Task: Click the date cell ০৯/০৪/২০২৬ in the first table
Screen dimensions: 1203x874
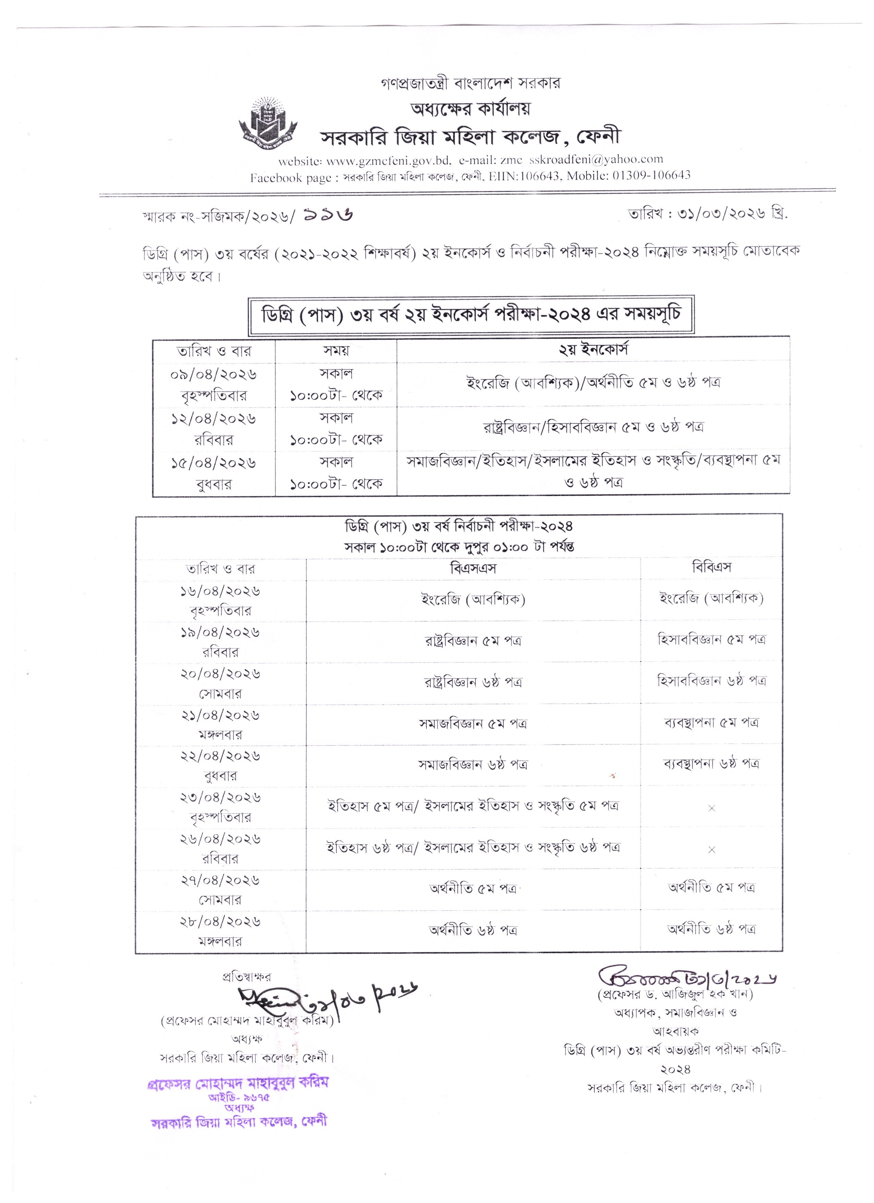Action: [214, 375]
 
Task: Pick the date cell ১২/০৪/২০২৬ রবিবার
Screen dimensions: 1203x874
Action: [214, 428]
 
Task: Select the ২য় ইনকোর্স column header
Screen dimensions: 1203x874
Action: [593, 350]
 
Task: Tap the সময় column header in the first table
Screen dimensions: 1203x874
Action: [336, 351]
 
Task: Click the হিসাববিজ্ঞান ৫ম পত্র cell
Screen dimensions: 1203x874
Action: [711, 640]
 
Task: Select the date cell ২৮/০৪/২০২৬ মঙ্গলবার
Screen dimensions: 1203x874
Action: [220, 931]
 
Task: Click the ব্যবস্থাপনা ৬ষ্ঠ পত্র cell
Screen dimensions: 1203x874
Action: [711, 764]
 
